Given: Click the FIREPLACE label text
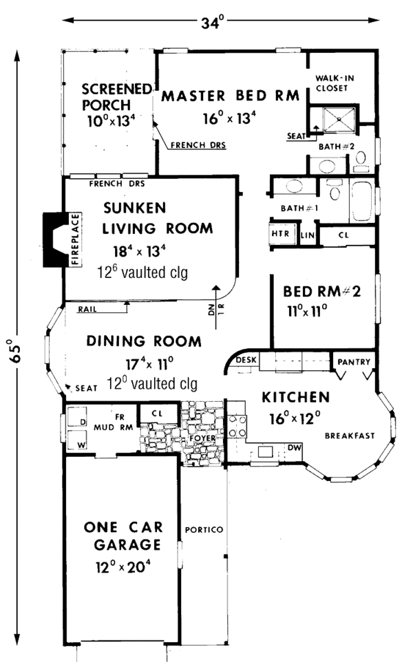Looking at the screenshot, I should pos(76,239).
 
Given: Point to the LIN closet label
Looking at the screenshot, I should pos(307,235).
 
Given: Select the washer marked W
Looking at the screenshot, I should pos(81,445).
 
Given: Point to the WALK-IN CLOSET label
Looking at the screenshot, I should pos(334,83).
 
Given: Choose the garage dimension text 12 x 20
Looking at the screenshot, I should pos(124,568).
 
